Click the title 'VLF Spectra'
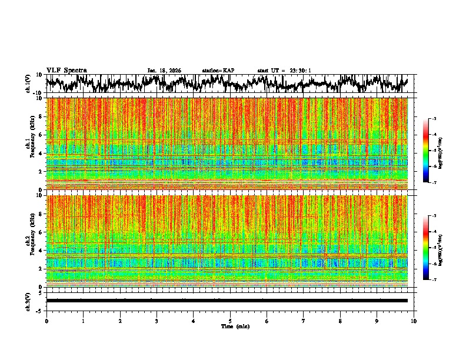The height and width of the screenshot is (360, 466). tap(66, 70)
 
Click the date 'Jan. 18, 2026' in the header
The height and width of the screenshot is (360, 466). tap(164, 71)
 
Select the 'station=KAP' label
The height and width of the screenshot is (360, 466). tap(218, 71)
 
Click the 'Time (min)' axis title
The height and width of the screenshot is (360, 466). tap(235, 326)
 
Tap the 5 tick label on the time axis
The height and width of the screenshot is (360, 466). tap(230, 321)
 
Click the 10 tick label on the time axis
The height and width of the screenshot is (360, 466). tap(414, 321)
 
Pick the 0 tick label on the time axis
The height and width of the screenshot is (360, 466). tap(46, 321)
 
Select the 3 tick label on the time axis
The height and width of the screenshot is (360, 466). tap(157, 321)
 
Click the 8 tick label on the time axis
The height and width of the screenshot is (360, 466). tap(340, 321)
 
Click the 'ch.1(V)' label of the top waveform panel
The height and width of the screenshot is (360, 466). tap(28, 84)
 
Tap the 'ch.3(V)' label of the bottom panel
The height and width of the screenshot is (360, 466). tap(28, 301)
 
